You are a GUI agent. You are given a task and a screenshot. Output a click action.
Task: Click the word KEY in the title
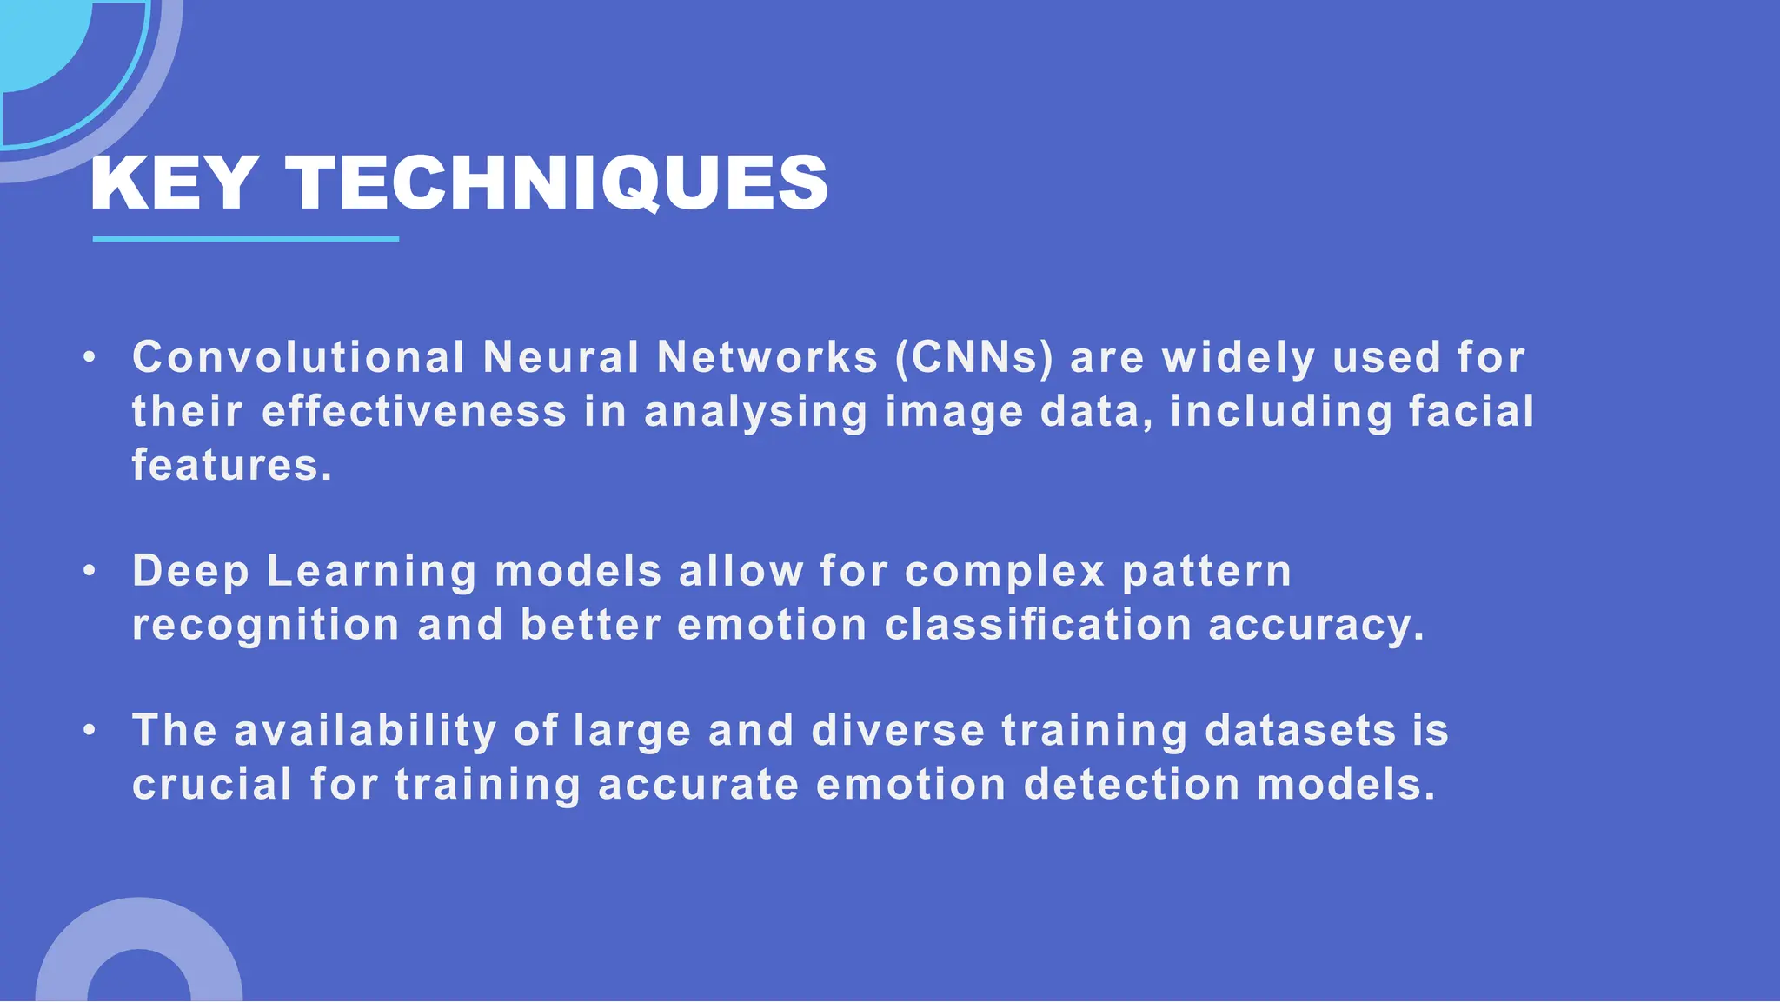[173, 183]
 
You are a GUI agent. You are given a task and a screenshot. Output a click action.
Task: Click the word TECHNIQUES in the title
[557, 183]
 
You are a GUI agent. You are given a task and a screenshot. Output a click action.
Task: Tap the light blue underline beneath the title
[245, 238]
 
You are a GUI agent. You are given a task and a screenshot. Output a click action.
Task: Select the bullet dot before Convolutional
[90, 358]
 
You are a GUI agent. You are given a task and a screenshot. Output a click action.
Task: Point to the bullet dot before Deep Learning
[90, 572]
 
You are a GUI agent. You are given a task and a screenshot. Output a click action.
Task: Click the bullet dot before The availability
[90, 731]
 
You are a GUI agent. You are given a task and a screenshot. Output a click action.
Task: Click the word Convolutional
[299, 358]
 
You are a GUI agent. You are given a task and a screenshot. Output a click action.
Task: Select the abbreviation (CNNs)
[974, 358]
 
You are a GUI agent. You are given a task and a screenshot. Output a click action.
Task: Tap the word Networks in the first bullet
[767, 358]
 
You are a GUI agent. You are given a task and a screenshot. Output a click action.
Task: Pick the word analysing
[755, 413]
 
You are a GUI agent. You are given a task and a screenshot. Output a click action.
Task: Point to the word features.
[231, 466]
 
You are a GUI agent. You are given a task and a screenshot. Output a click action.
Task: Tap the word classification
[1038, 626]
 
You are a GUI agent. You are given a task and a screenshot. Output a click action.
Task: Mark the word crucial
[212, 785]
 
